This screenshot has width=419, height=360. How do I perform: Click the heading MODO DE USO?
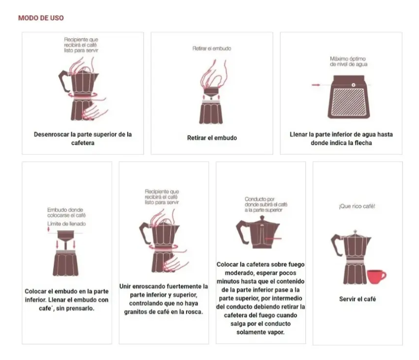[x=41, y=18]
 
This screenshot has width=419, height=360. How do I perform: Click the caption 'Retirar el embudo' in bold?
[x=212, y=138]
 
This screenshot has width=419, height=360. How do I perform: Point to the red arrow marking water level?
[x=316, y=85]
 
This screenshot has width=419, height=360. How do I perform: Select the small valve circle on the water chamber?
[x=353, y=85]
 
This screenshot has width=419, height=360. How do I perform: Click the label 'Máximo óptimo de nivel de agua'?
[x=348, y=62]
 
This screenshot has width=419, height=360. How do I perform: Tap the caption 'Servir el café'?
[x=357, y=299]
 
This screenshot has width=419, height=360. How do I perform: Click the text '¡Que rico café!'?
[x=357, y=206]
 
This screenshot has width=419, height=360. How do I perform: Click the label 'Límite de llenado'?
[x=67, y=224]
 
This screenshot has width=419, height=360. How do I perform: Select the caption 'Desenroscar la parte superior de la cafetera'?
[x=83, y=138]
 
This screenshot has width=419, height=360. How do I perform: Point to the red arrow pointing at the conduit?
[x=275, y=239]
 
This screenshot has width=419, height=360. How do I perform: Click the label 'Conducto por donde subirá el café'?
[x=266, y=205]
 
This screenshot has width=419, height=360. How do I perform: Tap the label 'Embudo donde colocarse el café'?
[x=66, y=213]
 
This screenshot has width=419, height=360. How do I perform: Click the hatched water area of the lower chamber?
[x=349, y=102]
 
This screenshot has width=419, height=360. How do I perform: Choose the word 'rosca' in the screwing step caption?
[x=193, y=311]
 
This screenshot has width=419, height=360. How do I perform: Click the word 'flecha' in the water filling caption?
[x=363, y=143]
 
